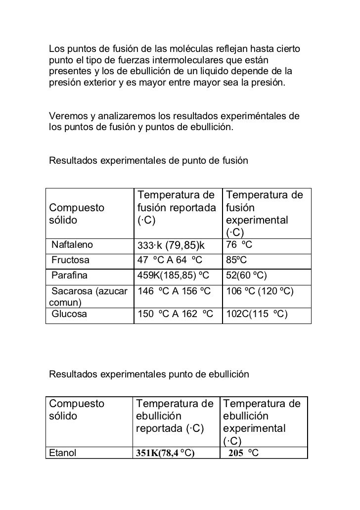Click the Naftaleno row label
click(x=71, y=244)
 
